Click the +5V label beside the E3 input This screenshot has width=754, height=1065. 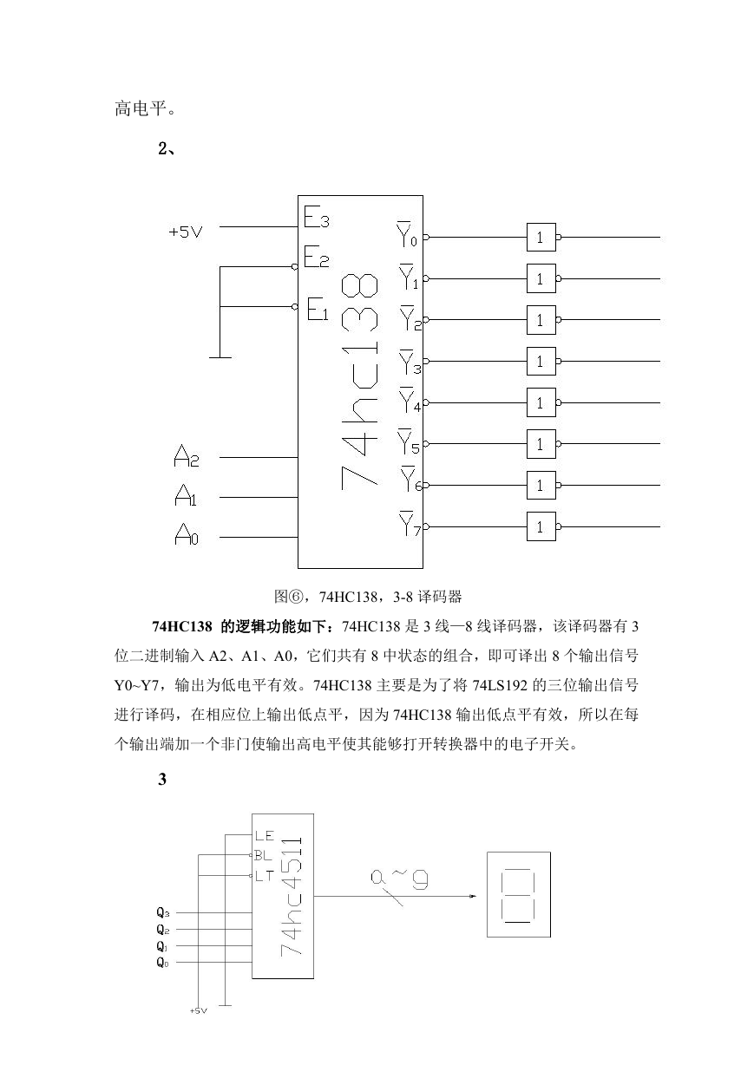pos(186,232)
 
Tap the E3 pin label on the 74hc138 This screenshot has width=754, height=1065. pos(317,218)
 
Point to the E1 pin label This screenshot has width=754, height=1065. pos(318,309)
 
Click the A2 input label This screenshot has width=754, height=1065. pos(186,456)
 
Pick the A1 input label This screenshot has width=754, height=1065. pos(186,495)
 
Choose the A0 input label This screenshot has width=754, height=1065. pos(187,534)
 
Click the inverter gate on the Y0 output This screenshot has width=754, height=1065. pos(541,238)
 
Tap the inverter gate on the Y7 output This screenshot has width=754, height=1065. pos(541,526)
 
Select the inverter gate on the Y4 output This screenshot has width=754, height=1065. pos(541,402)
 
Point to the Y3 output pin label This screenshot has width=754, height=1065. pos(410,363)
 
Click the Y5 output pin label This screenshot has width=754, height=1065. pos(409,442)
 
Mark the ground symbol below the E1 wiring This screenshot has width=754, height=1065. pos(220,357)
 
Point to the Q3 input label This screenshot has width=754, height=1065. pos(163,912)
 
